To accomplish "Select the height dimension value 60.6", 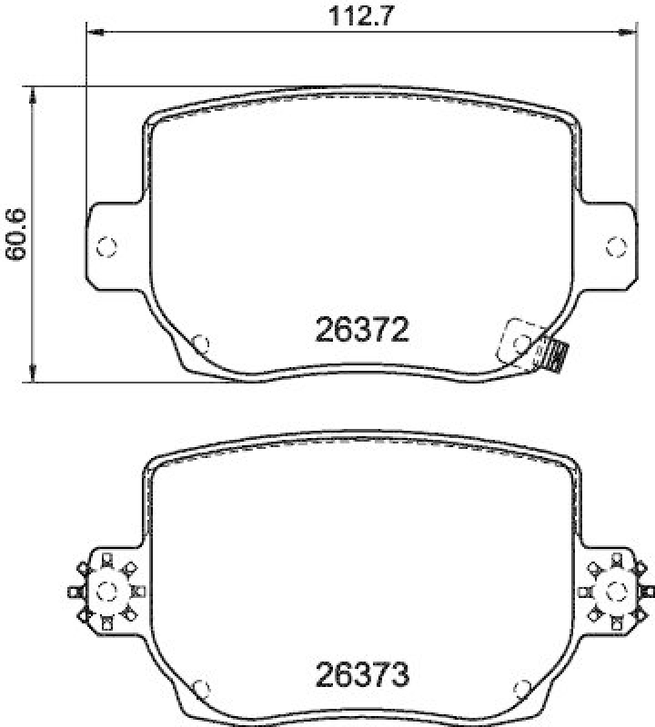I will tap(15, 234).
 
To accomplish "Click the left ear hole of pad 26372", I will tap(106, 245).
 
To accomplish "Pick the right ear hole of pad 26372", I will tap(617, 245).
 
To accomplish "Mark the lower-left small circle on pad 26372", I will tap(202, 343).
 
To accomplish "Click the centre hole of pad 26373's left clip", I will tap(106, 591).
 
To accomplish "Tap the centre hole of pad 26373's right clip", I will tap(617, 591).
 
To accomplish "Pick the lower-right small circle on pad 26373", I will tap(522, 688).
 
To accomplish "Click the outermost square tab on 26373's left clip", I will tap(74, 592).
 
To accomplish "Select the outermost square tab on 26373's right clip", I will tap(649, 592).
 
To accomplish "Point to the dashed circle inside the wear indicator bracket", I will tap(521, 342).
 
